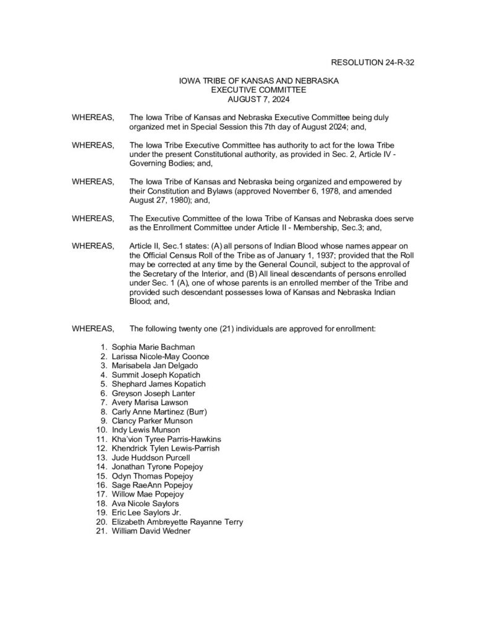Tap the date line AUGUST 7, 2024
[258, 98]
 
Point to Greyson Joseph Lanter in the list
[152, 393]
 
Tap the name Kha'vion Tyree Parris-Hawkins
[166, 438]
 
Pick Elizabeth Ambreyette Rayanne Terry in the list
[177, 522]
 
